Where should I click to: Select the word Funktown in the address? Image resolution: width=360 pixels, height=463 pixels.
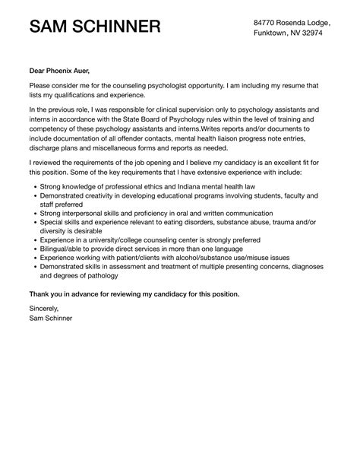273,34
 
